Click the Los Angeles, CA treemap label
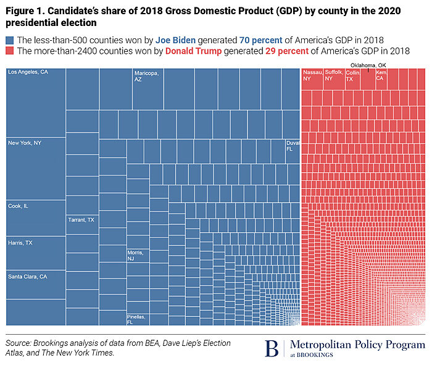[28, 72]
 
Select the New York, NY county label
[25, 143]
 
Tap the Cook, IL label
[18, 206]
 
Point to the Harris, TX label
[20, 243]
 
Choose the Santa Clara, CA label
[27, 277]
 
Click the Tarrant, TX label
[81, 220]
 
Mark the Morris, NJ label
[135, 256]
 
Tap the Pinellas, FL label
[137, 319]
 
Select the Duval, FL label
[293, 146]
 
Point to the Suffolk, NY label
[334, 76]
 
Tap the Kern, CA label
[381, 76]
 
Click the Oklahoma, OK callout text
[369, 64]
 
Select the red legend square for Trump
[9, 51]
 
